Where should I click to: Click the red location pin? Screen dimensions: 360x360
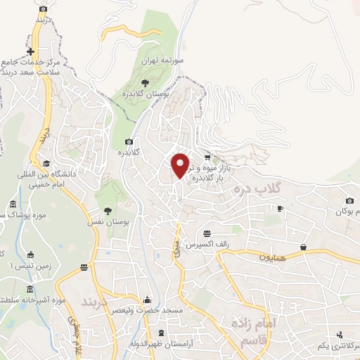point(181,165)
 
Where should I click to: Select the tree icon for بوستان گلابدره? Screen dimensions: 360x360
point(146,83)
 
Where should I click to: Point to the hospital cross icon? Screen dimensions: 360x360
point(30,51)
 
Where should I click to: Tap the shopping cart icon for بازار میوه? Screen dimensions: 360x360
point(207,157)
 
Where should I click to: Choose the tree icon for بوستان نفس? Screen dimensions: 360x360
point(108,210)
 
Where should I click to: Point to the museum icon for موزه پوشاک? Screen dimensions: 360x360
point(13,205)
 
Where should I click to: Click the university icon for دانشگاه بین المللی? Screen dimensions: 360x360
point(46,162)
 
